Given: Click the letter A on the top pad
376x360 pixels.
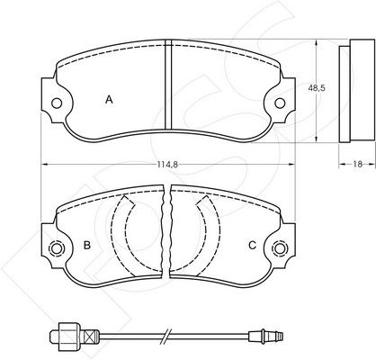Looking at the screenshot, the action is coord(109,99).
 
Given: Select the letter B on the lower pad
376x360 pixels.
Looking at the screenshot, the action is coord(87,245).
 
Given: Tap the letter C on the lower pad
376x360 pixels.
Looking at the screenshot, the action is coord(253,245).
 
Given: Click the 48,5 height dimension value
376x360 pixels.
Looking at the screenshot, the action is coord(317,88).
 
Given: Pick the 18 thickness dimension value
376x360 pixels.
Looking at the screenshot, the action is coord(357,164).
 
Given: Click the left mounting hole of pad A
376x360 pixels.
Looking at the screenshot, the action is coord(57,103).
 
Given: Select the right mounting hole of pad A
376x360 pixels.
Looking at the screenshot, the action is coord(280,103).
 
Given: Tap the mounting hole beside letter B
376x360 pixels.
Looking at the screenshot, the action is coord(57,248).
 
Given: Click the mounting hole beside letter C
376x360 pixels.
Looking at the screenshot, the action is coord(280,248).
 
